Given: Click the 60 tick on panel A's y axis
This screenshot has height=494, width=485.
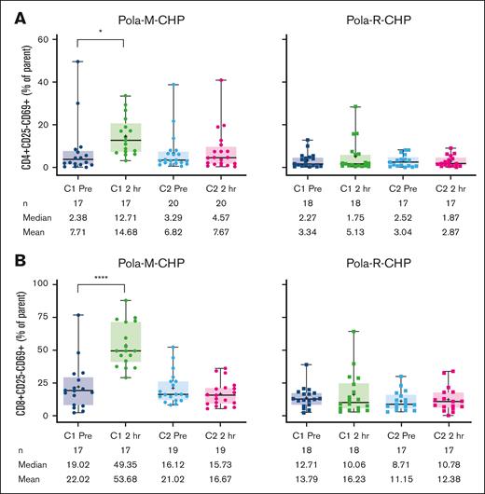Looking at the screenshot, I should pos(47,40).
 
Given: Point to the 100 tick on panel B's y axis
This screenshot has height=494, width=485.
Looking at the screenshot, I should pos(44,282).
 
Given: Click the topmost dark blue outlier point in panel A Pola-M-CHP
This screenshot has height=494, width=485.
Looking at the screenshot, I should pos(80,62).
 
